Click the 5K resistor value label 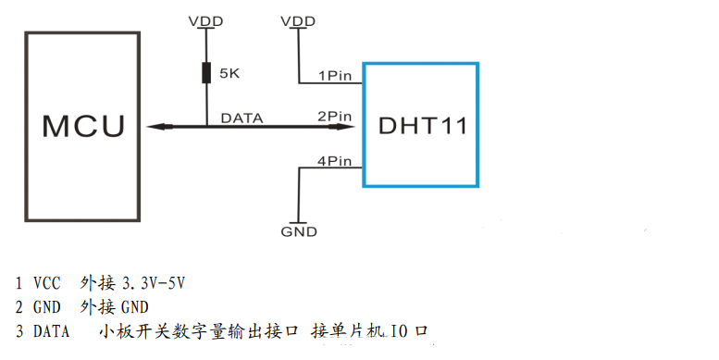(228, 73)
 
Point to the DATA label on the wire (242, 118)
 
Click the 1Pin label (334, 74)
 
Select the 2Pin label (334, 117)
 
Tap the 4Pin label (334, 160)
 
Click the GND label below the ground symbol (299, 231)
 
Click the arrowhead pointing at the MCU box (153, 127)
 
